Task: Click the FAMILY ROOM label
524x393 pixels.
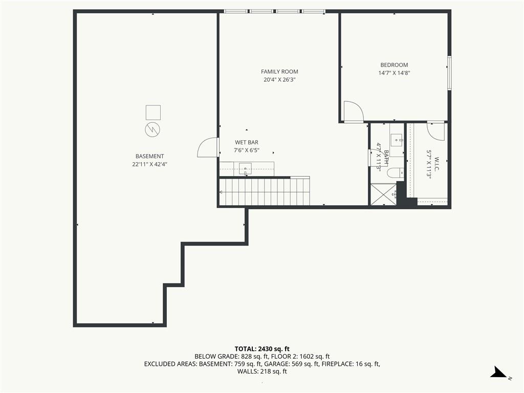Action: tap(279, 72)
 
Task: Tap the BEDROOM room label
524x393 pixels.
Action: tap(394, 65)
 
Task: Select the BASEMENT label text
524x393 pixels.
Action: tap(149, 156)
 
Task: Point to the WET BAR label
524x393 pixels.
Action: tap(246, 142)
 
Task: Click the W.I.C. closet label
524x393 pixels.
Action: tap(437, 164)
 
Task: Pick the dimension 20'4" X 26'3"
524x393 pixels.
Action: tap(279, 79)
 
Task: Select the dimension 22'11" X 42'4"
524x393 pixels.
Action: tap(149, 164)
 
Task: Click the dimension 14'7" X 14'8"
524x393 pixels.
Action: tap(394, 73)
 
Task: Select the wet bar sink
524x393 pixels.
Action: tap(245, 169)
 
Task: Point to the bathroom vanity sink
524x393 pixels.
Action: tap(397, 140)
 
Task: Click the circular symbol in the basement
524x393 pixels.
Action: tap(152, 129)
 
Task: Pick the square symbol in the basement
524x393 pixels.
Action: tap(153, 112)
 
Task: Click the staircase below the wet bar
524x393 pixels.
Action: tap(265, 191)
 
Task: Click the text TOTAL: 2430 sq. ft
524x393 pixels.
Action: tap(262, 349)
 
